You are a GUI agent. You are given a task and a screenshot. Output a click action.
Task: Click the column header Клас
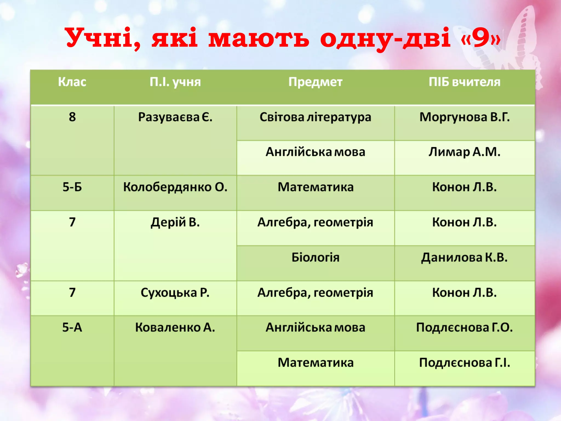coord(72,82)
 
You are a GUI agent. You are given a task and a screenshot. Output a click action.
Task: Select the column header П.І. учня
coord(175,82)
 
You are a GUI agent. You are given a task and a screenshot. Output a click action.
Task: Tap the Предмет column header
coord(315,82)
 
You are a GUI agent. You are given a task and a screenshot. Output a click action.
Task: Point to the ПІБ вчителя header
coord(464,82)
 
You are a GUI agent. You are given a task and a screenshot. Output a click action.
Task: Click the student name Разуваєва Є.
coord(175,117)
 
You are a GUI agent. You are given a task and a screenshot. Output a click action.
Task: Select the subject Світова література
coord(315,117)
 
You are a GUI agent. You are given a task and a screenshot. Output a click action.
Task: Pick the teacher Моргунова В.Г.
coord(464,117)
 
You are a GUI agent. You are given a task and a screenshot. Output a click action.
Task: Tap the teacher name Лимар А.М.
coord(464,152)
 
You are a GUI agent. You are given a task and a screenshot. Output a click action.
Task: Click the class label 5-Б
coord(72,187)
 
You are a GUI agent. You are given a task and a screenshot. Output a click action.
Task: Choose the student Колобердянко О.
coord(175,187)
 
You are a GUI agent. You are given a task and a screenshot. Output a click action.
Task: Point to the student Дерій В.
coord(175,222)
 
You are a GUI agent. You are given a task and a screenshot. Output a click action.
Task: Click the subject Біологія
coord(315,257)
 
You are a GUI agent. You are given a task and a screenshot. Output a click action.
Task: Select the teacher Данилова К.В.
coord(464,257)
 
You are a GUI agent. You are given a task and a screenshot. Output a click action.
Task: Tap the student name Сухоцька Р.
coord(175,292)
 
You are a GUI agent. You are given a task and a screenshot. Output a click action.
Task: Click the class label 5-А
coord(72,327)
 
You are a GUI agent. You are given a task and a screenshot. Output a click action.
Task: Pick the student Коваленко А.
coord(175,327)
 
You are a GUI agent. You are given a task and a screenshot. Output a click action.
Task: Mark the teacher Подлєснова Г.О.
coord(464,327)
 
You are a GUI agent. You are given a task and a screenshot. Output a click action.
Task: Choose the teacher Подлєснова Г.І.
coord(464,363)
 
